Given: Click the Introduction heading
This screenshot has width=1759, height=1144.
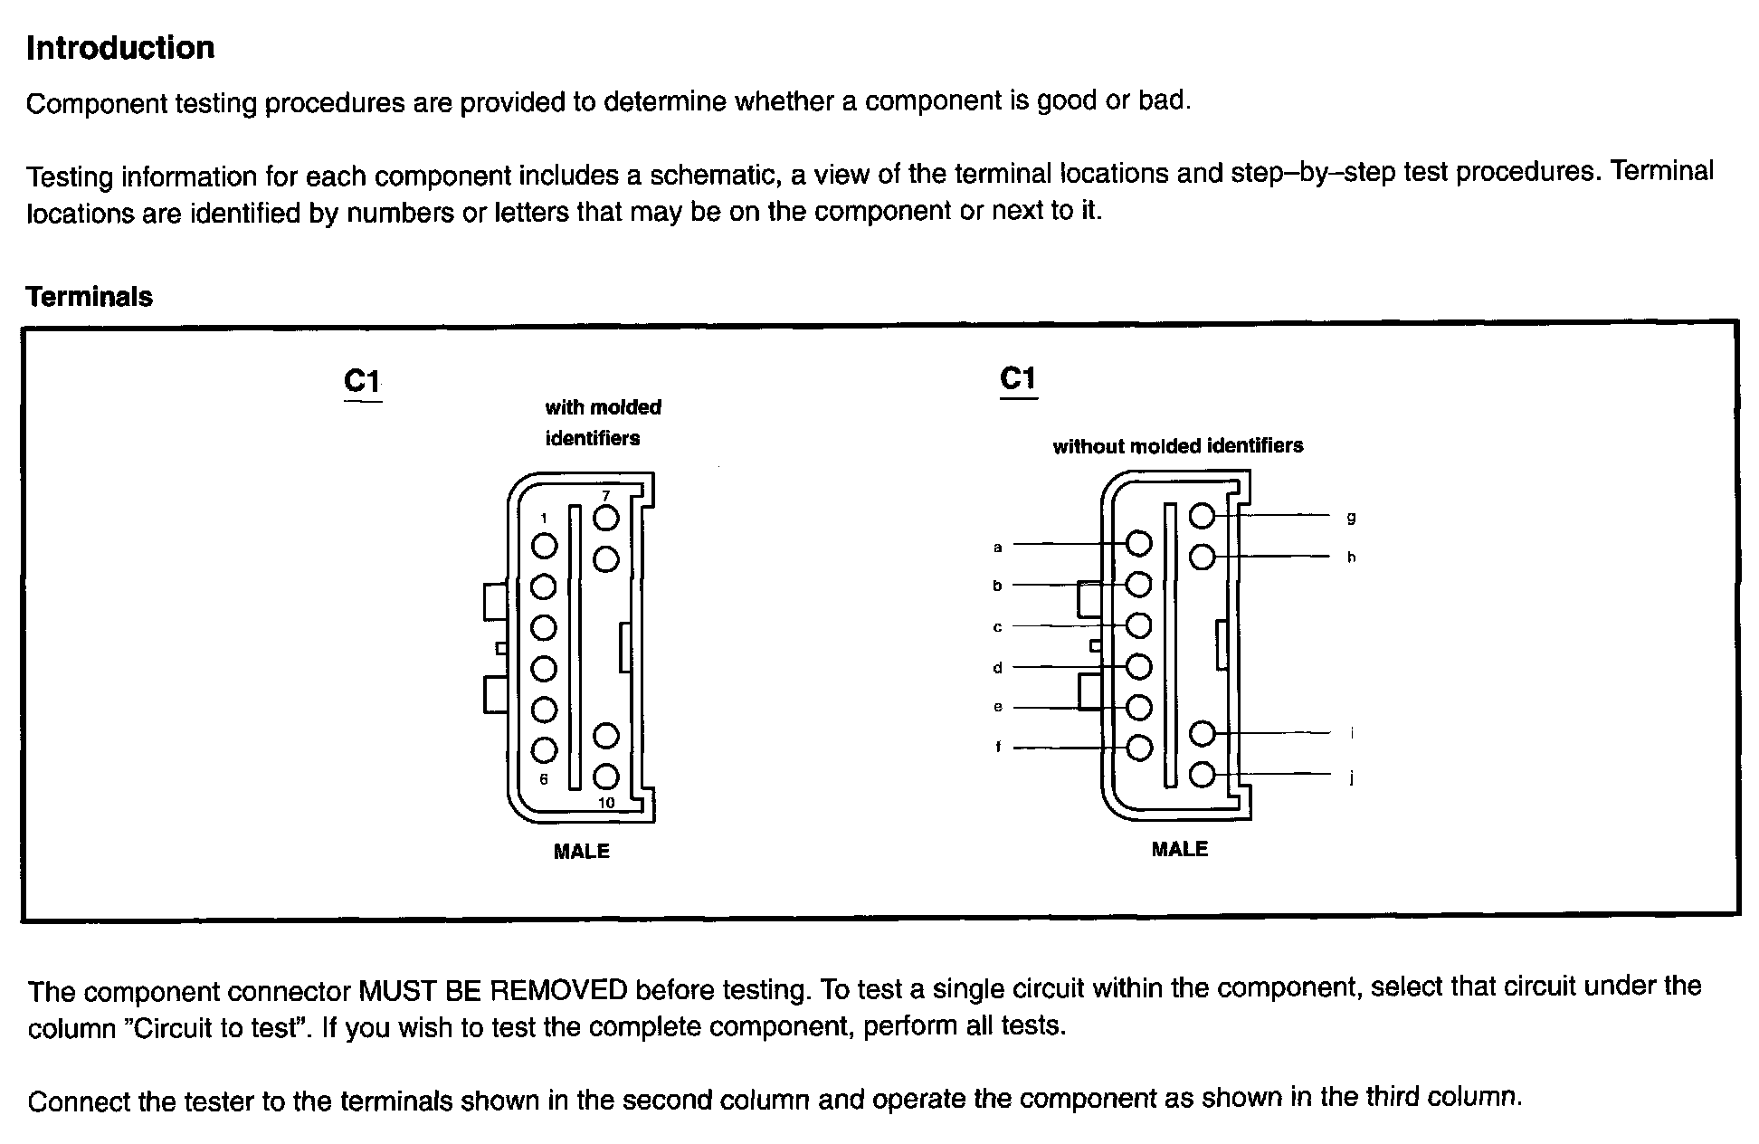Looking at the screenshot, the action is click(120, 48).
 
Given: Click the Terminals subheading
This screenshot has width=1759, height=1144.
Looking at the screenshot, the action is click(90, 297).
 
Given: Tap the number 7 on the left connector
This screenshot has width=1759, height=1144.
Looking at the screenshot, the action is click(606, 495).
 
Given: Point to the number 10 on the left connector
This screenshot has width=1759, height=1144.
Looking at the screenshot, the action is click(606, 803).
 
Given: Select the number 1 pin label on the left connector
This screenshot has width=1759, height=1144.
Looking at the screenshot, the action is click(544, 519).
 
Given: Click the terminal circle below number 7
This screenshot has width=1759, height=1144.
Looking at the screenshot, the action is click(606, 558).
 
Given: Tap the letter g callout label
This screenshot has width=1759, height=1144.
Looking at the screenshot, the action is click(1351, 518).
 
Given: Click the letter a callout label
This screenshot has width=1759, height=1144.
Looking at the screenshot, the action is click(998, 547).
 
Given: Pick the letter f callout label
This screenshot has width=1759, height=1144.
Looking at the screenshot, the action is click(998, 748).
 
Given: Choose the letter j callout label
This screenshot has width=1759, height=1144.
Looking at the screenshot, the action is click(1351, 777).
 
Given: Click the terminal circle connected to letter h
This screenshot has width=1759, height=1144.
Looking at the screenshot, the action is click(1202, 557).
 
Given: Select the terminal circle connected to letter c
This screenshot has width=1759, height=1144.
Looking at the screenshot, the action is click(1138, 625).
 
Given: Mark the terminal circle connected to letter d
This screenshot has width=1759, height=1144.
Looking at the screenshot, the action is click(1138, 667).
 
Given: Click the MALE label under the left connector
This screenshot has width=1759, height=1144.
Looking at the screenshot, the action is click(582, 852).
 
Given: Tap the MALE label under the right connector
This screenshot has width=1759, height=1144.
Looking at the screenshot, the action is click(1180, 849).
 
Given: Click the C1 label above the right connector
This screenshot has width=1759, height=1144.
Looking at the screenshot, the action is click(1018, 378).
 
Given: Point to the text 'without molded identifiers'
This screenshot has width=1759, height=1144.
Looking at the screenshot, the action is click(1178, 445).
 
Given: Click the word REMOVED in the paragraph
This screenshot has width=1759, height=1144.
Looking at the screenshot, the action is click(558, 990).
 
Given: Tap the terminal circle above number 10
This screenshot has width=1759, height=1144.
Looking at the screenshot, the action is click(606, 736).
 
